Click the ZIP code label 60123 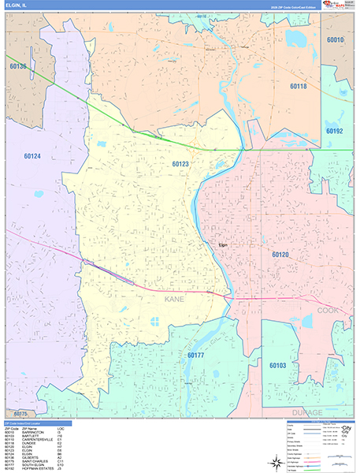pos(180,163)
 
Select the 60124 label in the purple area pos(32,156)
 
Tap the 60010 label pos(336,39)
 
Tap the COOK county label pos(349,311)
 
